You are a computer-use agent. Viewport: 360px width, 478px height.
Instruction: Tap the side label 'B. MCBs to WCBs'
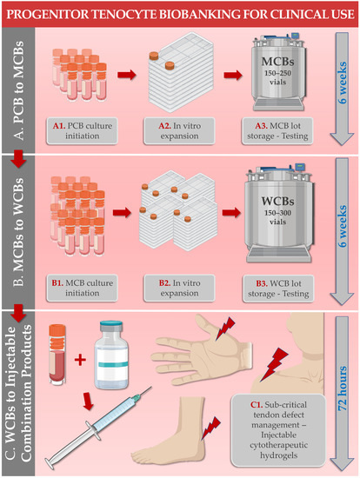coord(21,235)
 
